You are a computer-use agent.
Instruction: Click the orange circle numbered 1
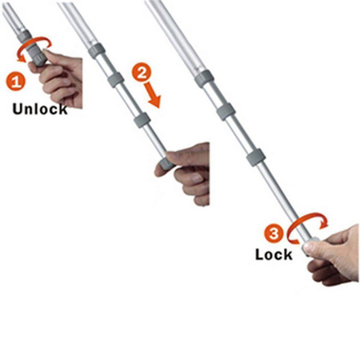coord(15,81)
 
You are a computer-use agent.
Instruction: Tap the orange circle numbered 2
coord(142,72)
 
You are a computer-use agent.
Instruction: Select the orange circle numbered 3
coord(274,234)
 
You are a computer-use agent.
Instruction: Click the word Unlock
coord(40,110)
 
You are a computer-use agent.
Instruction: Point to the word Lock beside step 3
coord(274,254)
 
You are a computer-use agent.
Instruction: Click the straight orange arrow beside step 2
coord(152,95)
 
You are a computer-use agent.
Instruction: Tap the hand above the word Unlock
coord(58,78)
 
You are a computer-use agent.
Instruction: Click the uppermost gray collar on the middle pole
coord(97,50)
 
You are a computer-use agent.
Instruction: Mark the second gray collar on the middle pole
coord(116,80)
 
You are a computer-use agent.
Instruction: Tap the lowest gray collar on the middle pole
coord(142,121)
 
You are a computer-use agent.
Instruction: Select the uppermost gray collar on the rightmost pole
coord(205,78)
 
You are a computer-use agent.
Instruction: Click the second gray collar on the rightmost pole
coord(226,111)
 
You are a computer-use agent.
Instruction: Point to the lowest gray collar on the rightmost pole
coord(256,158)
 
